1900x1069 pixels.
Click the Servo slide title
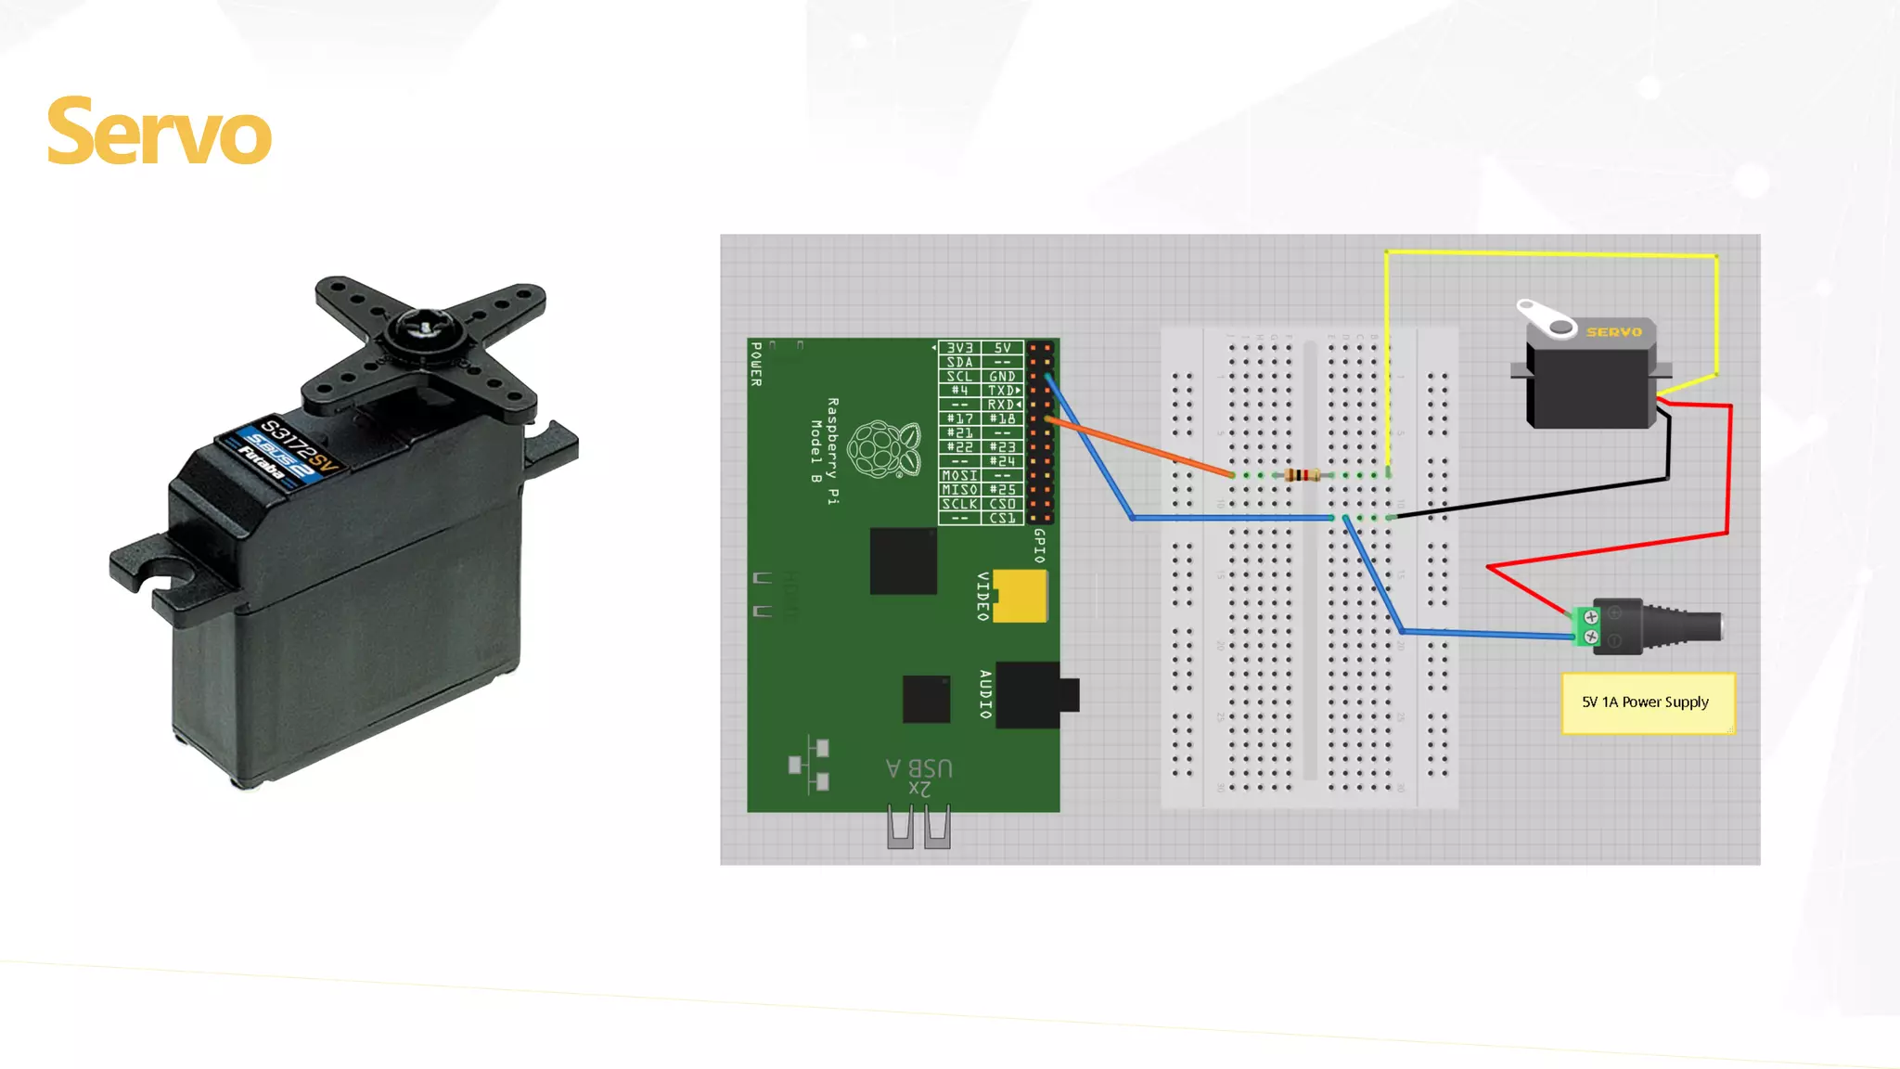159,133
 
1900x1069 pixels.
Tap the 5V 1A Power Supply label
1645,702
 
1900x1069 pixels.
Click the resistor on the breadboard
1303,475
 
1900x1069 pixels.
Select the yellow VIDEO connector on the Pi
1021,595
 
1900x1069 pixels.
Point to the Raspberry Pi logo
883,449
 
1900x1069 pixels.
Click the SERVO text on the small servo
1613,331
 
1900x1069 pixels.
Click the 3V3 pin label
959,348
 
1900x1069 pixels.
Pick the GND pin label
1002,377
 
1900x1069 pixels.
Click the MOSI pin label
959,475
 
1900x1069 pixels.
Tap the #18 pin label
1002,419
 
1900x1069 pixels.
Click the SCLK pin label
959,504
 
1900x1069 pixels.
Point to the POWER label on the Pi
756,364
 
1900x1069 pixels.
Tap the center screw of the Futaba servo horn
424,328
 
